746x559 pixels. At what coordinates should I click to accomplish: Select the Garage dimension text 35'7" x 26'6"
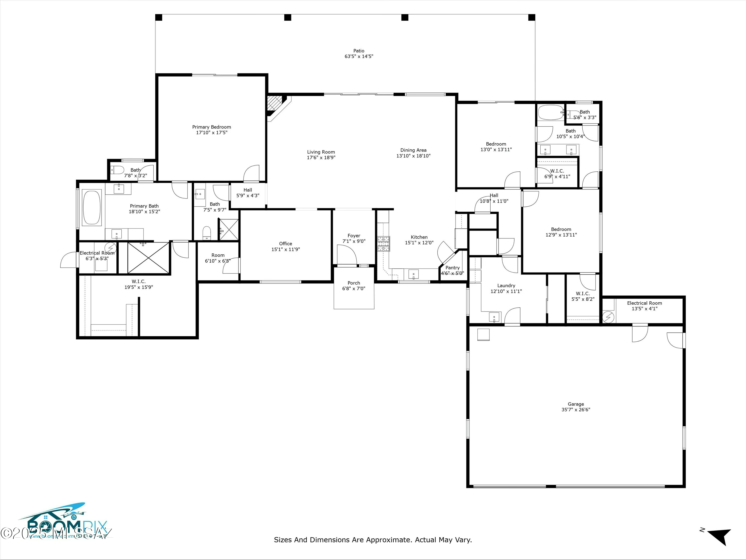[x=575, y=410]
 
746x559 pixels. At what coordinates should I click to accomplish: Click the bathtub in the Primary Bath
[x=92, y=207]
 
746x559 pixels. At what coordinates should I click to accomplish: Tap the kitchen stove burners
[x=383, y=244]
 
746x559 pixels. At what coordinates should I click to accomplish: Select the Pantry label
[x=452, y=268]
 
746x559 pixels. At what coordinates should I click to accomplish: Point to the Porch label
[x=354, y=283]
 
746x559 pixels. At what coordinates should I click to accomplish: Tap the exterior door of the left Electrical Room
[x=69, y=260]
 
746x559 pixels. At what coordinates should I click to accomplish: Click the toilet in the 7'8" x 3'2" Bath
[x=117, y=170]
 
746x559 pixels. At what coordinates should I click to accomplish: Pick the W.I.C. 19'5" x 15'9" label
[x=139, y=281]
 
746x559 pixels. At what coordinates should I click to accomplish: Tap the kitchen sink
[x=414, y=274]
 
